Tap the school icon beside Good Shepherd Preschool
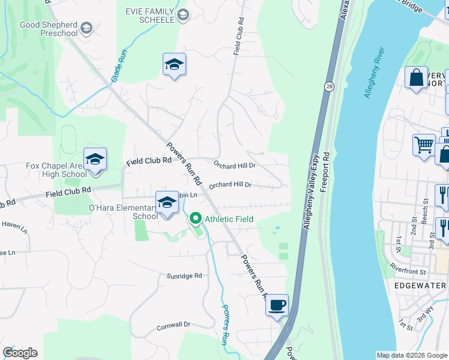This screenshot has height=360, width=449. (x=86, y=28)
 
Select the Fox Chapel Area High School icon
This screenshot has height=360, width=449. (x=95, y=160)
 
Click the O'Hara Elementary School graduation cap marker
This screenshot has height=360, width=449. (x=167, y=203)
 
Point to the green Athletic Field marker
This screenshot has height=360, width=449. (x=196, y=219)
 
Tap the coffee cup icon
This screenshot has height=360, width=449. (x=277, y=305)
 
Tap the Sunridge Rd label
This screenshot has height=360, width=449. (x=184, y=276)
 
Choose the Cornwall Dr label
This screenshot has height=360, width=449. (x=173, y=325)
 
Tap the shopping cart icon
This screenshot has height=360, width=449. (x=423, y=145)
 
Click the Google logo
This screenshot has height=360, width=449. (x=20, y=353)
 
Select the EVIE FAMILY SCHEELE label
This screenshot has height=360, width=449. (x=148, y=16)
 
